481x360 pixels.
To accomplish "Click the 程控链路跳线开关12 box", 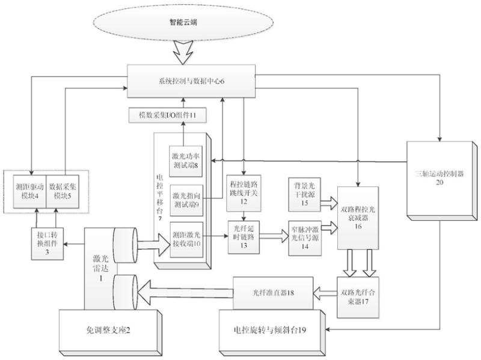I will (243, 193).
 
